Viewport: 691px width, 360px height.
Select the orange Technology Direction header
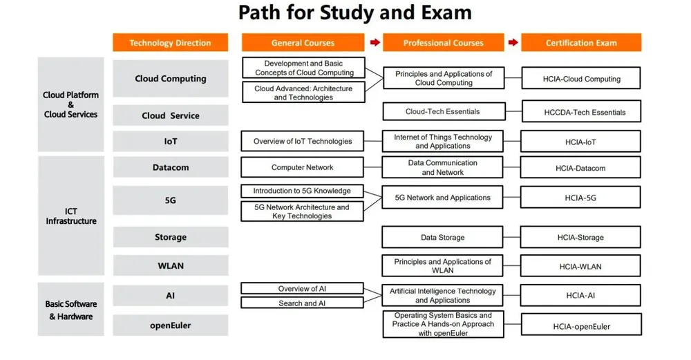tap(170, 43)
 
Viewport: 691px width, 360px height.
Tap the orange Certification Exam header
tap(581, 43)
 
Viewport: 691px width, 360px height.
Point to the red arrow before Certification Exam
tap(512, 43)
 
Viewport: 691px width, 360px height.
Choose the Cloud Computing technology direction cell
tap(170, 79)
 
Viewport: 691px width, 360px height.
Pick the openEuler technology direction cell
tap(170, 325)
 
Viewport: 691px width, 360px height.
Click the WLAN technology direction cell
tap(170, 265)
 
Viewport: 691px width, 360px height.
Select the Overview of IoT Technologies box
tap(303, 142)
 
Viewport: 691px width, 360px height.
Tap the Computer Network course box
tap(303, 167)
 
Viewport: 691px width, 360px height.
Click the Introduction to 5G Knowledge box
tap(303, 191)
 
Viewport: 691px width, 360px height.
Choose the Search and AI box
tap(303, 303)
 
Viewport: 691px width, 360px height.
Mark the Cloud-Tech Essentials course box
tap(443, 111)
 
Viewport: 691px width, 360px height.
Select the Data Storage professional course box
tap(443, 237)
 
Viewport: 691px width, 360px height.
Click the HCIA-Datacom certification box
tap(580, 168)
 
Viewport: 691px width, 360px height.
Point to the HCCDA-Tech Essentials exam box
tap(580, 112)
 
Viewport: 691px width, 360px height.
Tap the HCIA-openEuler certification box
tap(580, 326)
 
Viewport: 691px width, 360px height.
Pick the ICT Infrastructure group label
tap(71, 216)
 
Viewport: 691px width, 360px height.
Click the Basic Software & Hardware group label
tap(71, 310)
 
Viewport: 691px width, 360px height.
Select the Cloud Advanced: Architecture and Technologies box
tap(303, 93)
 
